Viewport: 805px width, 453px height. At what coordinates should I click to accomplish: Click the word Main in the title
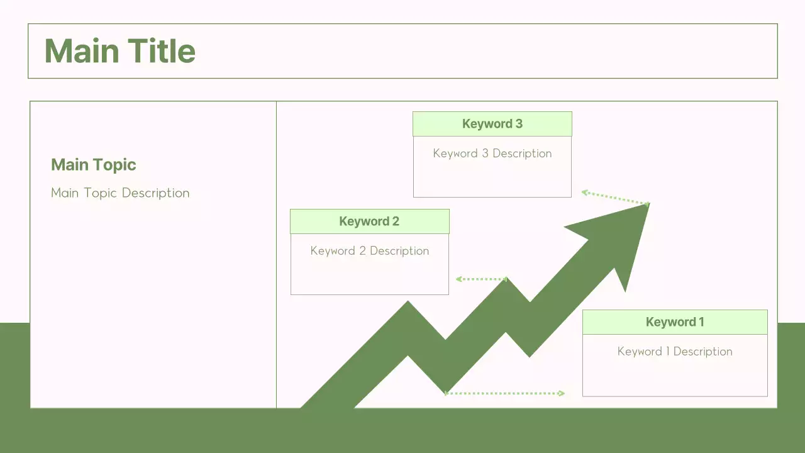pos(80,51)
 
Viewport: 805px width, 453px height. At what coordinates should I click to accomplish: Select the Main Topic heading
pos(94,165)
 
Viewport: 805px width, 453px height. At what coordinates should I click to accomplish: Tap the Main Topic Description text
pos(120,193)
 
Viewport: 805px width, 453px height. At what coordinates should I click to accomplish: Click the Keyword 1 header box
pos(675,322)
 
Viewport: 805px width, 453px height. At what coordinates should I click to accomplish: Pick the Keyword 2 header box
pos(370,221)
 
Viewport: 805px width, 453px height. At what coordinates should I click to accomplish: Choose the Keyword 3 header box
pos(492,124)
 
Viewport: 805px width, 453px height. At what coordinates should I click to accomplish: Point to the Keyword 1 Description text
pos(675,352)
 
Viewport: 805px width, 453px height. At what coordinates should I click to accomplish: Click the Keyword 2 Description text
pos(370,251)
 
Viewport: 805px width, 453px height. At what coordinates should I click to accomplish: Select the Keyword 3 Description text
pos(492,154)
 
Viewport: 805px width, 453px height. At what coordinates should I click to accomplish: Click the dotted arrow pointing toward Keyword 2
pos(482,279)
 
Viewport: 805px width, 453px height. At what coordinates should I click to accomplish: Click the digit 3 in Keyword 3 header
pos(519,124)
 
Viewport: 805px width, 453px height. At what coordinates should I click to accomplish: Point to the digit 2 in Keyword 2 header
pos(396,221)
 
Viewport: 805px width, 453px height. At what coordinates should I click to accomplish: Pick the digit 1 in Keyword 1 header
pos(701,322)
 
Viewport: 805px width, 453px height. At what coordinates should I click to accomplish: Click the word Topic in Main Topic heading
pos(114,165)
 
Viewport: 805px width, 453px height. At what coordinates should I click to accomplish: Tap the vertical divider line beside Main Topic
pos(276,252)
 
